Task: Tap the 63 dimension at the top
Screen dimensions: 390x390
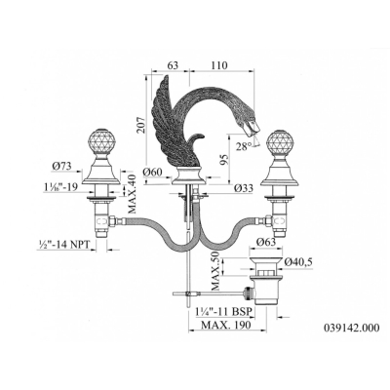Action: click(x=173, y=65)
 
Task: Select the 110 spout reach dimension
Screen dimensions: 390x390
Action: click(x=219, y=65)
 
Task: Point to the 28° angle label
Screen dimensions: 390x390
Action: click(x=244, y=147)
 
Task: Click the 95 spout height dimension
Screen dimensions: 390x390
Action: click(x=225, y=159)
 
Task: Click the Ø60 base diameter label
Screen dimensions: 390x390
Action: click(x=153, y=173)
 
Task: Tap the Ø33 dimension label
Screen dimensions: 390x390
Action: click(x=243, y=187)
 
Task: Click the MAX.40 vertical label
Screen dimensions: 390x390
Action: click(x=133, y=192)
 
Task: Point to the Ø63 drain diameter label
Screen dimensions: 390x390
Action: click(x=266, y=242)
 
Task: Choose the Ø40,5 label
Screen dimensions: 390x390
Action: click(x=298, y=262)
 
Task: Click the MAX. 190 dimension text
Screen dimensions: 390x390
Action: click(x=226, y=325)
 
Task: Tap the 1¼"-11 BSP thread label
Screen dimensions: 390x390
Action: click(x=224, y=311)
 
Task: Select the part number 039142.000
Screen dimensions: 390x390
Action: click(x=351, y=328)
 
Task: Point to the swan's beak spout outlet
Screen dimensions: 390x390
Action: click(x=253, y=130)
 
